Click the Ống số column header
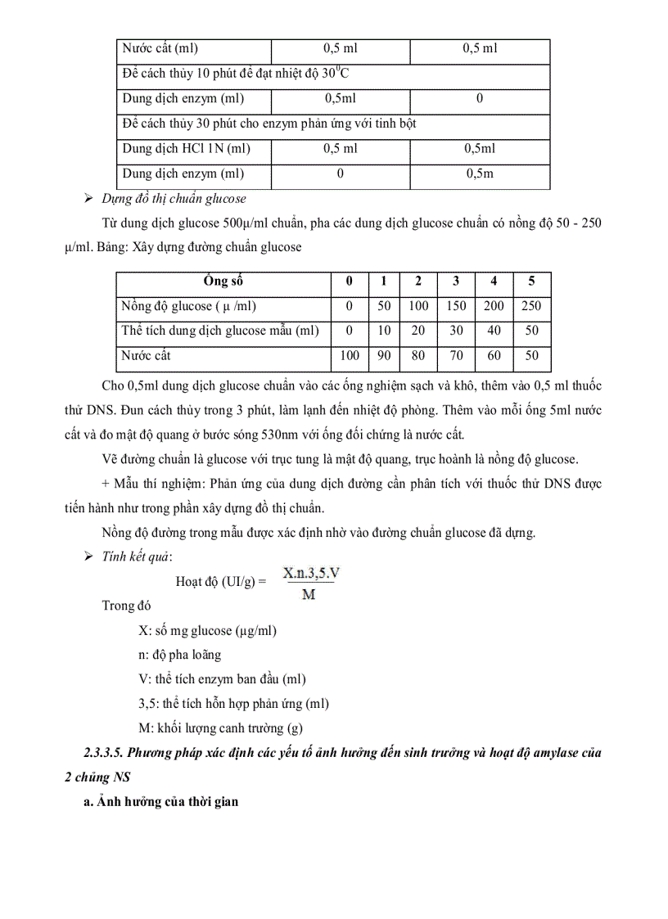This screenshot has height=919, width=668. pos(223,281)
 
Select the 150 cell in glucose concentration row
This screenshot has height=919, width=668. pos(456,306)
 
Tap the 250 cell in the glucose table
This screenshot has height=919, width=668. pos(531,306)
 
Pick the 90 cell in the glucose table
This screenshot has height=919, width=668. pos(382,356)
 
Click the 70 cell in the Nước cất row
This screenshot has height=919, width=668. pos(456,356)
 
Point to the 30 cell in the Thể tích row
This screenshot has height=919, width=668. pos(456,331)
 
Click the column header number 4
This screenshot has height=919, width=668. pos(494,281)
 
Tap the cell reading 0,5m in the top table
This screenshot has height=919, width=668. pos(479,173)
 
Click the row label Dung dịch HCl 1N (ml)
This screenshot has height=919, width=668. pos(186,148)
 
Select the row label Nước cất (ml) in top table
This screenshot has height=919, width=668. pos(160,48)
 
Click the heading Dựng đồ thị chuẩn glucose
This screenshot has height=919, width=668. pos(174,198)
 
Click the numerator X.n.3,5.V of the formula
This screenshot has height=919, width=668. pos(311,574)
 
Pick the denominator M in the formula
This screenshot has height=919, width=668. pos(309,595)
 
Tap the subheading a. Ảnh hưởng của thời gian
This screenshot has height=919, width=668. pos(161,801)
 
